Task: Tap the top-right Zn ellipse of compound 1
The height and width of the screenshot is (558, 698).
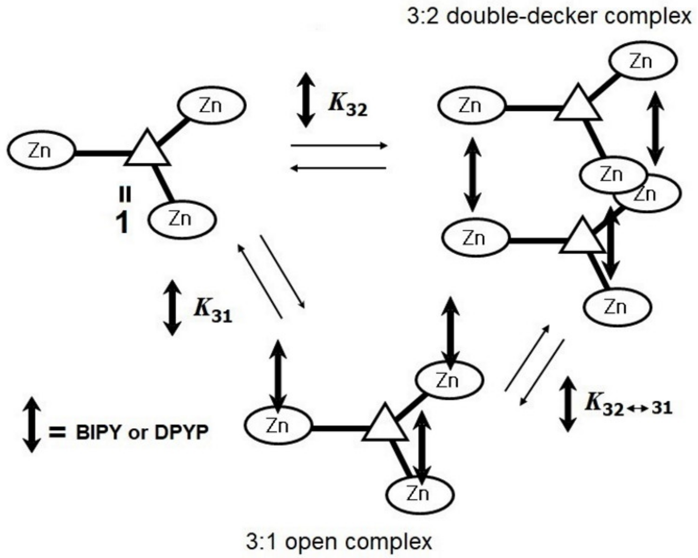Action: (x=211, y=106)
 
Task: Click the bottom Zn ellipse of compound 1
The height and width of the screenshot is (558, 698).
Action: (x=181, y=220)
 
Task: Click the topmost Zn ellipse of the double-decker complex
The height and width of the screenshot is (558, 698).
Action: (x=643, y=62)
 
